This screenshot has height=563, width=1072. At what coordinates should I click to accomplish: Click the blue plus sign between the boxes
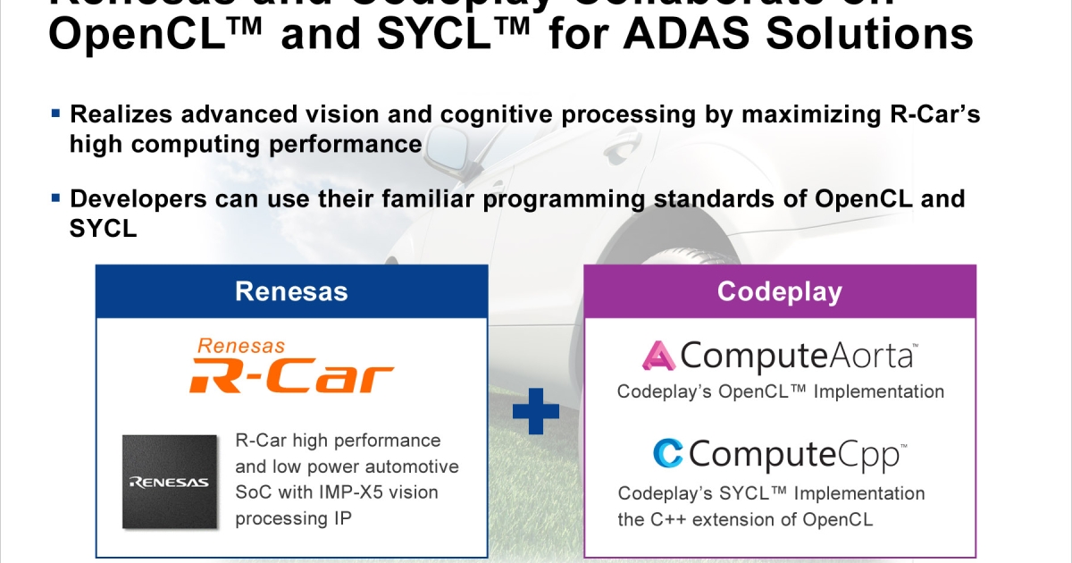tap(536, 410)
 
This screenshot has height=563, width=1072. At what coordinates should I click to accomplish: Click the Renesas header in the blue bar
tap(291, 291)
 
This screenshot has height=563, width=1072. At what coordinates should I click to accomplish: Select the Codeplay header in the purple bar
tap(779, 291)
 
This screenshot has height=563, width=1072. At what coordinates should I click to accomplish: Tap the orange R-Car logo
tap(291, 376)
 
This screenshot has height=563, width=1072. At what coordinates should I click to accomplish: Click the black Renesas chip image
tap(170, 480)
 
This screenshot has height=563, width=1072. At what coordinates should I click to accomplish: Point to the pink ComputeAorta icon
tap(657, 357)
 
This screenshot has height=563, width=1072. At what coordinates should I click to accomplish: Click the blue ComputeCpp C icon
tap(668, 454)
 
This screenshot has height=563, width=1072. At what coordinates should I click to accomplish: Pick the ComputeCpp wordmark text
tap(798, 455)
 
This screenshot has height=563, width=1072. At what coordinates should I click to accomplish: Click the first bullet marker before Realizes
tap(56, 113)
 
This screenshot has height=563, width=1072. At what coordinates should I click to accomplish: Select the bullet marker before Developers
tap(56, 197)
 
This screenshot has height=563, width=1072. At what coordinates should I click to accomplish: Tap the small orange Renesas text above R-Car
tap(240, 345)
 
